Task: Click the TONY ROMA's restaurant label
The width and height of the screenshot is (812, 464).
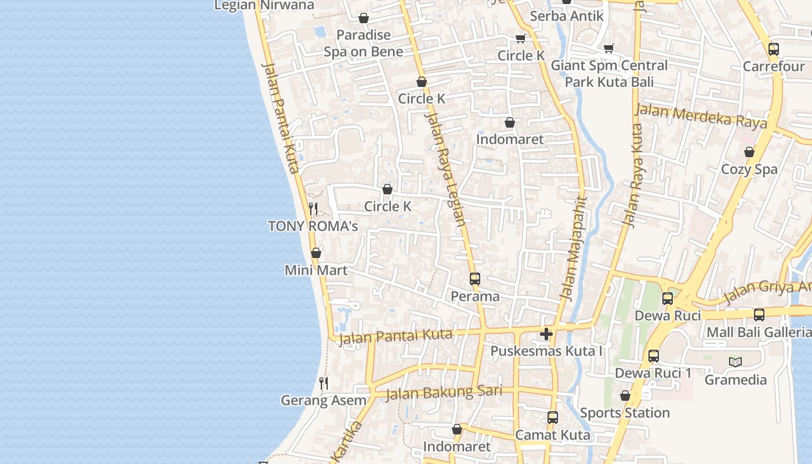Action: pos(313,226)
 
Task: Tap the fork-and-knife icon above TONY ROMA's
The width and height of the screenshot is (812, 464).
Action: pos(313,208)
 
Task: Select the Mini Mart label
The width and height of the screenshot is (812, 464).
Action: pos(316,270)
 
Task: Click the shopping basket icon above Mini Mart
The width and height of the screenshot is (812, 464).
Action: pos(316,253)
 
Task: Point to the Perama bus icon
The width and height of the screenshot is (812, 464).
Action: pos(475,278)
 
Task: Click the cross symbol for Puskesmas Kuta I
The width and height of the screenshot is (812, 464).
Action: pos(546,334)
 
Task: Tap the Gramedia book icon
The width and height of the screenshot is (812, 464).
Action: pos(735,362)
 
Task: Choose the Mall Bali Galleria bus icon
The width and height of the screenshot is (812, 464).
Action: pos(759,315)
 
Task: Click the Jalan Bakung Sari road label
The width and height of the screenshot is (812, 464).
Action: pos(444,393)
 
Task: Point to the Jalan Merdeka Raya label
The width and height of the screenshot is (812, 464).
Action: pos(702,115)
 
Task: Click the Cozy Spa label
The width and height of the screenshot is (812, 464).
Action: pos(749,169)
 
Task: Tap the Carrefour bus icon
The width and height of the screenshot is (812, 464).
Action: pos(774,49)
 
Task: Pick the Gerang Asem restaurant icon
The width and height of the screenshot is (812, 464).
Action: pos(324,383)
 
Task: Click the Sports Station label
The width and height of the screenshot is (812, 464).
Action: pos(625,413)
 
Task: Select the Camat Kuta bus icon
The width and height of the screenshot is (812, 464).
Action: pos(553,418)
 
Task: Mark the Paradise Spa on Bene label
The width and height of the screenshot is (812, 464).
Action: pos(363,43)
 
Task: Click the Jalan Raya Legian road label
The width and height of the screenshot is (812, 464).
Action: pos(445,168)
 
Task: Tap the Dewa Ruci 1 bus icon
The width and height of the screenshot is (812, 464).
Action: pos(654,356)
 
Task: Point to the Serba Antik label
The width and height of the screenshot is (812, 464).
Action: pos(567,16)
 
